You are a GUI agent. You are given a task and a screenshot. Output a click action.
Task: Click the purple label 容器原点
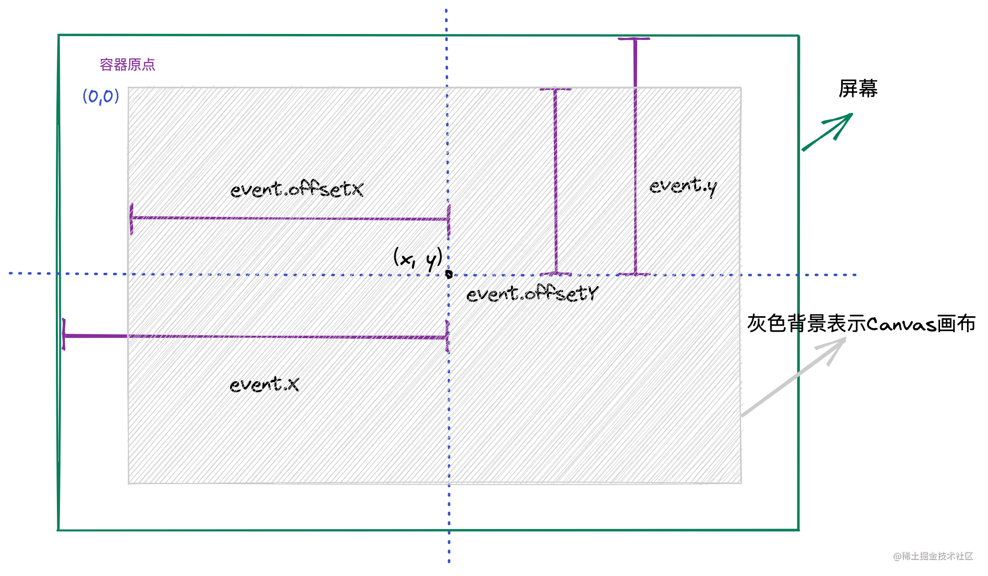(127, 65)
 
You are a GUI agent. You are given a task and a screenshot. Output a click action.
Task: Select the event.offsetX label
(296, 189)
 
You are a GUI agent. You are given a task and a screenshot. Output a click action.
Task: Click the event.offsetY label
(532, 293)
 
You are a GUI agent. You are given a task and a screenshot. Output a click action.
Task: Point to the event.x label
(264, 384)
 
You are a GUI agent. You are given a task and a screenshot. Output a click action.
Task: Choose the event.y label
(683, 186)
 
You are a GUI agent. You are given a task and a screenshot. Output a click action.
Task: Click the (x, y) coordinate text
(418, 258)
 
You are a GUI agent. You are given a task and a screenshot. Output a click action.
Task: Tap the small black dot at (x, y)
(449, 274)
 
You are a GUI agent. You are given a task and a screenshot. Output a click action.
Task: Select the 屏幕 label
(858, 89)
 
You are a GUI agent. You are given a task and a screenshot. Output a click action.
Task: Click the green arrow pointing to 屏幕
(828, 131)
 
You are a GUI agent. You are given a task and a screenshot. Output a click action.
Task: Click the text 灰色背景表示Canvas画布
(861, 324)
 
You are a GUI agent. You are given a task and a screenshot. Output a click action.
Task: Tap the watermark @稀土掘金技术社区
(933, 556)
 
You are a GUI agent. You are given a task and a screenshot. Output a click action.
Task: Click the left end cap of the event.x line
(64, 335)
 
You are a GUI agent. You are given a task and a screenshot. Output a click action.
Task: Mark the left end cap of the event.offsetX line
(131, 218)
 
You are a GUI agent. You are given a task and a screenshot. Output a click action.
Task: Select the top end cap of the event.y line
(634, 38)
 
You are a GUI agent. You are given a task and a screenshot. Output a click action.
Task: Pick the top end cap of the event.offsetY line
(555, 89)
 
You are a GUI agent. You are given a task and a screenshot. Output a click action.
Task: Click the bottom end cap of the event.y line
(635, 274)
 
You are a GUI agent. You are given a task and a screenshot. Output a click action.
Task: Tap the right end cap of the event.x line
(447, 337)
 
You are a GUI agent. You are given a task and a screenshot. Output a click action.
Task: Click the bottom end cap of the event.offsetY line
(556, 273)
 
